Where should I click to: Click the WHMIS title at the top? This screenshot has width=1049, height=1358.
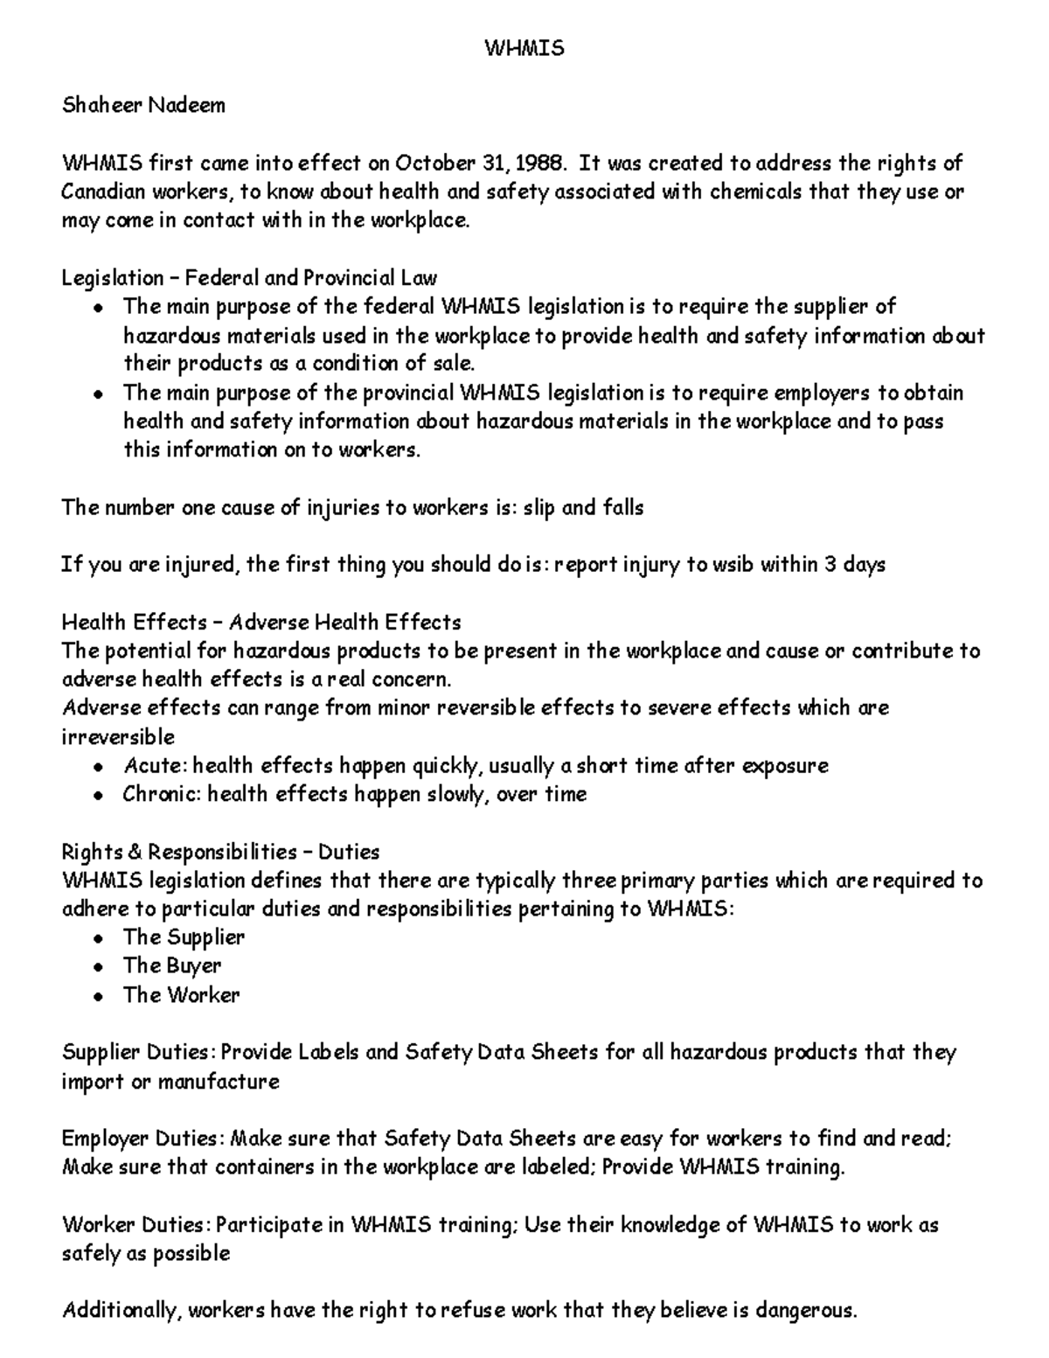(524, 48)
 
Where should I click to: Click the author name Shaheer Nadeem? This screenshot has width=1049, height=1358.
(143, 106)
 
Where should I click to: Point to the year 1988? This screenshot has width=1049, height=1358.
(540, 164)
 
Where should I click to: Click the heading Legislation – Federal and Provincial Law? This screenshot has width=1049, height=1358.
(249, 278)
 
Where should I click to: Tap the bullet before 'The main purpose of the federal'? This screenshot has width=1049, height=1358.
(101, 308)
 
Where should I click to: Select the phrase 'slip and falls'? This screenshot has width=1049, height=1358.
(583, 507)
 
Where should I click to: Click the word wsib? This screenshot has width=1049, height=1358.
(732, 565)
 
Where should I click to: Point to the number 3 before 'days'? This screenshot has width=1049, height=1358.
(829, 565)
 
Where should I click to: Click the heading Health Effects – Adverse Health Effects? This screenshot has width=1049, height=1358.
(261, 623)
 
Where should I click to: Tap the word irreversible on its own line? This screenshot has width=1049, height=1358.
(118, 736)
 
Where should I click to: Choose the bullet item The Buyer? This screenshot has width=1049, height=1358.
(172, 966)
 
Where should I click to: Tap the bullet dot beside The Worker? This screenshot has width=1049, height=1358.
(101, 996)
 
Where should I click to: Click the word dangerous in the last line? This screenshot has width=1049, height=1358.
(804, 1311)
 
